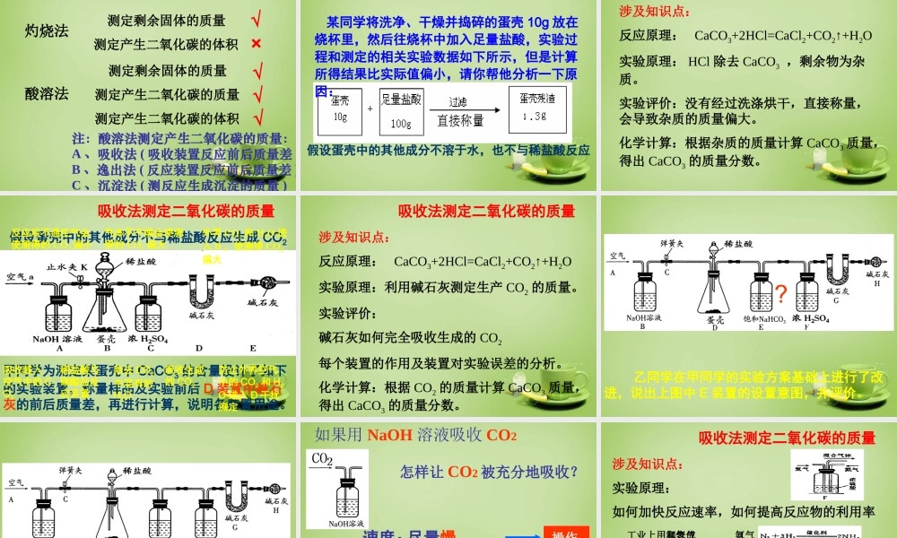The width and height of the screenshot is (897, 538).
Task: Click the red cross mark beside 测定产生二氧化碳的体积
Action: pos(257,44)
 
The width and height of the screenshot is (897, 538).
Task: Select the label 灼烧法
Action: pos(47,30)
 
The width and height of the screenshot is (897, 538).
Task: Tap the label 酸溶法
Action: pos(47,93)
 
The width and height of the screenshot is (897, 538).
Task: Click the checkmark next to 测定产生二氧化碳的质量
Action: pos(258,94)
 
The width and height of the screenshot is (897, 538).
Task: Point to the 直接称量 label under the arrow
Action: pos(460,120)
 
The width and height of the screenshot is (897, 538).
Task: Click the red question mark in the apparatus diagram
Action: pos(780,293)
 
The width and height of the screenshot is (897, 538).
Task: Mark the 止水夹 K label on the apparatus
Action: pos(65,266)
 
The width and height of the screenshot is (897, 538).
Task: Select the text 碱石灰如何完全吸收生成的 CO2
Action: pos(411,338)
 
